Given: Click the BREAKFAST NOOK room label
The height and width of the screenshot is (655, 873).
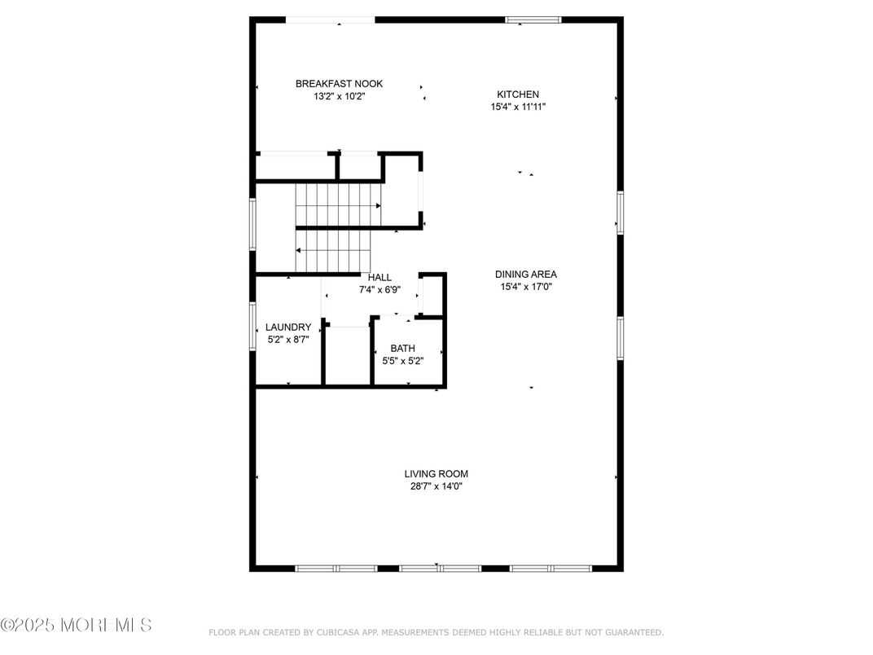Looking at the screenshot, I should tap(339, 84).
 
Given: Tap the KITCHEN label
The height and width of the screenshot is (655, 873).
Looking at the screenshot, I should tap(518, 95).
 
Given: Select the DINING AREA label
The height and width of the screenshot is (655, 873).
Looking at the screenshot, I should tap(525, 275).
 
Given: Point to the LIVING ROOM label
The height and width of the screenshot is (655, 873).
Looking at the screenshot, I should tap(436, 474).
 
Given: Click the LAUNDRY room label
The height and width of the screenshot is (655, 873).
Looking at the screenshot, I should tap(288, 327).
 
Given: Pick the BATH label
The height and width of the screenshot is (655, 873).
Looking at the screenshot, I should tap(402, 349).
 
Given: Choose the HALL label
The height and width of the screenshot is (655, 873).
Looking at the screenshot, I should tap(379, 278).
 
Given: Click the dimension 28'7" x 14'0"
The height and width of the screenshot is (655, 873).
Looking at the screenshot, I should tap(436, 486).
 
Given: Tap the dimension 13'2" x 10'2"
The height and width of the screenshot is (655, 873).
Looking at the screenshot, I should tap(339, 96).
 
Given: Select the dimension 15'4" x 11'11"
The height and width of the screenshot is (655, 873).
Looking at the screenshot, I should tap(518, 107).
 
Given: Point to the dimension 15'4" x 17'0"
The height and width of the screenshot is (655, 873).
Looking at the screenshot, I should tap(525, 287).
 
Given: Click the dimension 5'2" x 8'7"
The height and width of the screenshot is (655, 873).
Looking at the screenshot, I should tap(288, 340).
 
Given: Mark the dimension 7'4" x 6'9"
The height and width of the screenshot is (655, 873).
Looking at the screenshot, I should tap(379, 289).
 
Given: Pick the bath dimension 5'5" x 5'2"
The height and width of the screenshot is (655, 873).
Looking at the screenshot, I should tap(402, 361).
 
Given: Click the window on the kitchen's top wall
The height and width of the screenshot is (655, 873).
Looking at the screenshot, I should tap(533, 20).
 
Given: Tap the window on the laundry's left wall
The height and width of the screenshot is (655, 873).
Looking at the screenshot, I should tap(253, 327).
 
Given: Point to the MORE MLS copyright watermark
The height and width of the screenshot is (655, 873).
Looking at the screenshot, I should tap(76, 626).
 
